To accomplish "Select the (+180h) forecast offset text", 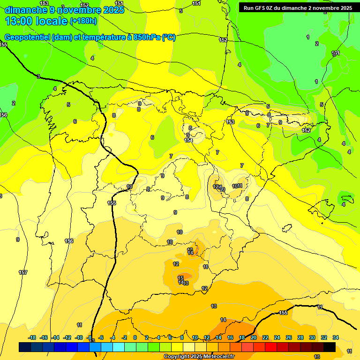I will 83,21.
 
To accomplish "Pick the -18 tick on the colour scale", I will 32,337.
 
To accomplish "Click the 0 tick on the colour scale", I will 135,337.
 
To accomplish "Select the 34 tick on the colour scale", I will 336,337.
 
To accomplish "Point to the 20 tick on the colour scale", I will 254,337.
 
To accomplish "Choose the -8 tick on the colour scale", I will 90,337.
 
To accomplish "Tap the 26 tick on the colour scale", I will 289,337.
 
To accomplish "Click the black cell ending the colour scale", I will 330,347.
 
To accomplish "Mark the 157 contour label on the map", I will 22,272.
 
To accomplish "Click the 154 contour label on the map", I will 189,140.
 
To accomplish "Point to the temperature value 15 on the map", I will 181,278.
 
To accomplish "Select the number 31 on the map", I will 336,53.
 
